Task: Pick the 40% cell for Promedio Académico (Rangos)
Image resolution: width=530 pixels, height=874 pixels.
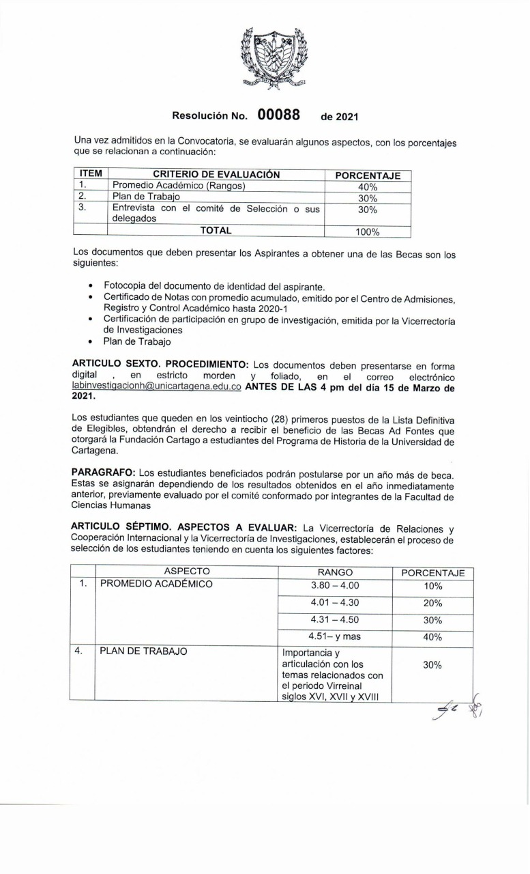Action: [x=368, y=186]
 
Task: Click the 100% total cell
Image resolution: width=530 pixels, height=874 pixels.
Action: [x=368, y=231]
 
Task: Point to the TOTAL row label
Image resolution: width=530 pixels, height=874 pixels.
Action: [x=216, y=231]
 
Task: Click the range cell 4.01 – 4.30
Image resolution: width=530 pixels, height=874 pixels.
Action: [x=334, y=603]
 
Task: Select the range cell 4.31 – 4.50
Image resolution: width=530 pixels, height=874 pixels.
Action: [x=334, y=620]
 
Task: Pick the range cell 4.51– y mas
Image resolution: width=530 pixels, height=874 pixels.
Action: [x=334, y=636]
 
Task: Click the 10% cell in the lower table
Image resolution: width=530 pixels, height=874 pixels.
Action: [x=432, y=587]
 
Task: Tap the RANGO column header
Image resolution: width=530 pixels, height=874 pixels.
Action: [x=335, y=572]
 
